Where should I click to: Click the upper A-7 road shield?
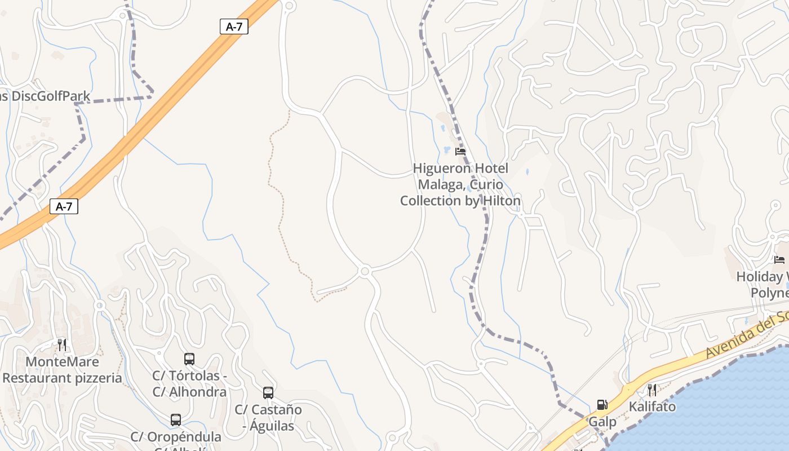(x=234, y=26)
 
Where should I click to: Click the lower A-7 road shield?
(x=64, y=206)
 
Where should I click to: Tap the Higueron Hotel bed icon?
(x=460, y=152)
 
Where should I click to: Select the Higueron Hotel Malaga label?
(x=460, y=184)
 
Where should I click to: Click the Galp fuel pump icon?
(x=602, y=405)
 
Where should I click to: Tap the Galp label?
(x=602, y=422)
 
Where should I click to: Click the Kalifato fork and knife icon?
(x=652, y=390)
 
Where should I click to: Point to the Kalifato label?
(x=652, y=406)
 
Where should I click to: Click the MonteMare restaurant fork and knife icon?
(x=62, y=344)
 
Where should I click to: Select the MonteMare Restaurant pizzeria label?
(x=62, y=370)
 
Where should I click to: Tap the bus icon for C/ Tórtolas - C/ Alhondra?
(x=189, y=359)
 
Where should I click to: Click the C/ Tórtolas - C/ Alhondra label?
(x=189, y=383)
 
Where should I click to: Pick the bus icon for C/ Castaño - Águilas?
(x=268, y=393)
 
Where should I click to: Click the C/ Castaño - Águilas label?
(x=268, y=418)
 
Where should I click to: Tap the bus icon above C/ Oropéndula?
(x=176, y=420)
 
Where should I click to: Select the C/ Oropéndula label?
(x=176, y=437)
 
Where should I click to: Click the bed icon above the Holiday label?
(x=779, y=260)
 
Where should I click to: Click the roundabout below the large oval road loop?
(x=365, y=272)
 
